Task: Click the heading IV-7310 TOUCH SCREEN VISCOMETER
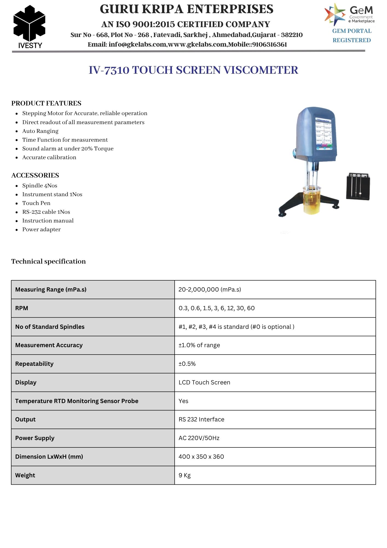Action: pyautogui.click(x=193, y=70)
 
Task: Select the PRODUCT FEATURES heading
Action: pyautogui.click(x=46, y=103)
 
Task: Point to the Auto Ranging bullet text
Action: pyautogui.click(x=40, y=131)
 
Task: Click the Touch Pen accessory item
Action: pyautogui.click(x=36, y=203)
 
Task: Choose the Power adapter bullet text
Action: pyautogui.click(x=41, y=229)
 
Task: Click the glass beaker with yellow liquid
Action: pyautogui.click(x=311, y=199)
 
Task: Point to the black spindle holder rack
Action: pyautogui.click(x=358, y=186)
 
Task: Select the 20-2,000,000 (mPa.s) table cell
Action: pyautogui.click(x=210, y=290)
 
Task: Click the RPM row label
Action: pyautogui.click(x=22, y=308)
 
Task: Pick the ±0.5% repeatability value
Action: pyautogui.click(x=187, y=364)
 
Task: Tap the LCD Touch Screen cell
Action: pyautogui.click(x=204, y=383)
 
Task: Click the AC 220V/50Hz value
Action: pyautogui.click(x=199, y=438)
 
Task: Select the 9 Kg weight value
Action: pyautogui.click(x=184, y=475)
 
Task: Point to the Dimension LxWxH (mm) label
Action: pyautogui.click(x=49, y=457)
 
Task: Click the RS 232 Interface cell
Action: pyautogui.click(x=201, y=419)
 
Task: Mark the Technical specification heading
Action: pyautogui.click(x=48, y=261)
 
